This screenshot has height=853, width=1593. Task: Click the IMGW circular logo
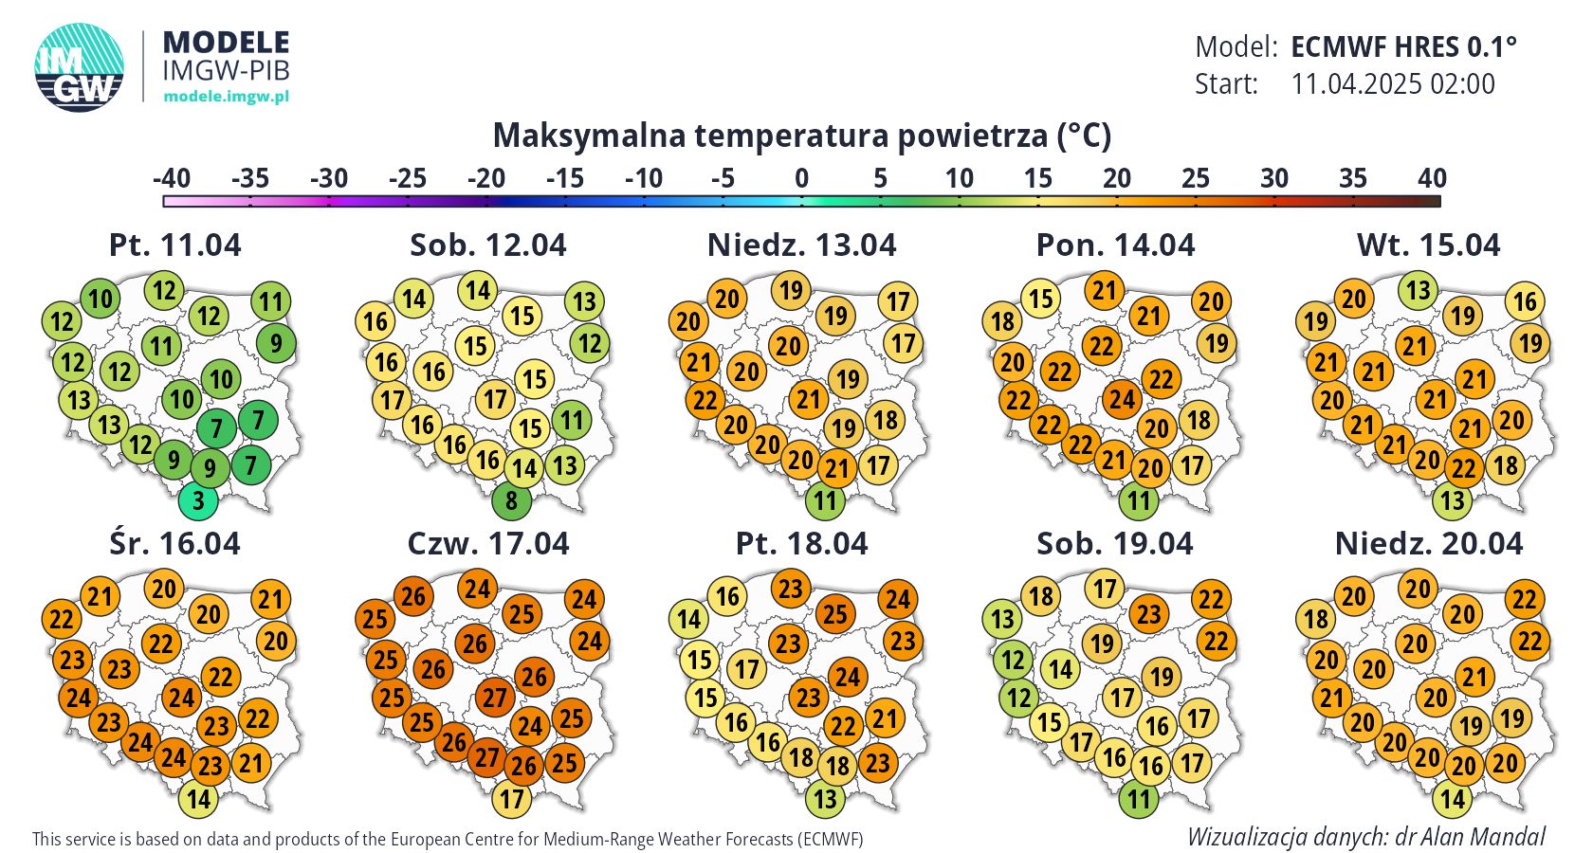click(80, 66)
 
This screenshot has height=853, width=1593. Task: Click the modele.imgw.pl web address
click(226, 96)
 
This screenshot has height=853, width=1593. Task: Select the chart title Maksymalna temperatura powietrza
click(801, 136)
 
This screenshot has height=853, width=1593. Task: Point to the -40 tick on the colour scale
click(172, 178)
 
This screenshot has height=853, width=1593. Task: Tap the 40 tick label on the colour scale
click(1432, 178)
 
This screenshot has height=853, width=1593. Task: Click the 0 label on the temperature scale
click(801, 178)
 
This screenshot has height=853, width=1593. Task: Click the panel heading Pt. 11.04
click(175, 245)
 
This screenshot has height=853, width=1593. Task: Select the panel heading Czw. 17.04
click(488, 544)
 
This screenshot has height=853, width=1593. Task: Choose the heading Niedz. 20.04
click(1428, 544)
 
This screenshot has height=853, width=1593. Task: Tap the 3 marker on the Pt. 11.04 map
click(198, 500)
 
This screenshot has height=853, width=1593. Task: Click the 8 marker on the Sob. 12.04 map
click(511, 500)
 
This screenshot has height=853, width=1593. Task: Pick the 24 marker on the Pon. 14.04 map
click(1122, 399)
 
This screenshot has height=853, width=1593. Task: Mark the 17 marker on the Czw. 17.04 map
click(512, 799)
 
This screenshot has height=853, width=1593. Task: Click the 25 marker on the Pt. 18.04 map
click(834, 614)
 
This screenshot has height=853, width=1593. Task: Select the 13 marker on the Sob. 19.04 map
click(1003, 619)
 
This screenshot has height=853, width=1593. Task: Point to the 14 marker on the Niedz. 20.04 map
click(1453, 799)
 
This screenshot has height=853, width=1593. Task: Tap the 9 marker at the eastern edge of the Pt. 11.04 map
click(276, 343)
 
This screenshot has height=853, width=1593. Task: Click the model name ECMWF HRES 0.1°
click(1403, 46)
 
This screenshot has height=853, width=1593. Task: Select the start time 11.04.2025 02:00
click(1393, 84)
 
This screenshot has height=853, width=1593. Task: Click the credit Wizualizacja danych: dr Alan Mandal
click(1365, 837)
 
